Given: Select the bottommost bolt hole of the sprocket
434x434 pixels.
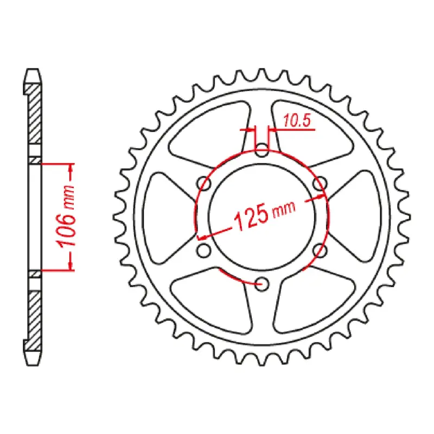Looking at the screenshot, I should click(262, 283).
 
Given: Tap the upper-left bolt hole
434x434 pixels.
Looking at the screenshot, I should click(205, 182).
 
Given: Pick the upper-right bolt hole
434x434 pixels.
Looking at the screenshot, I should click(320, 183).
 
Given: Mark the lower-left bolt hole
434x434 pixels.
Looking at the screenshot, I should click(205, 250).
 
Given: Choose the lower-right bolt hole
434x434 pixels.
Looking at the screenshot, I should click(320, 250).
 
